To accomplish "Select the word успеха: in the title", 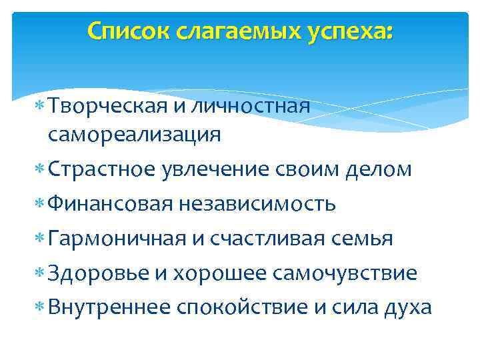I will (354, 31).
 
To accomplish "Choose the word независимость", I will (257, 203).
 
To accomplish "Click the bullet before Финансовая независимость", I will (40, 204).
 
